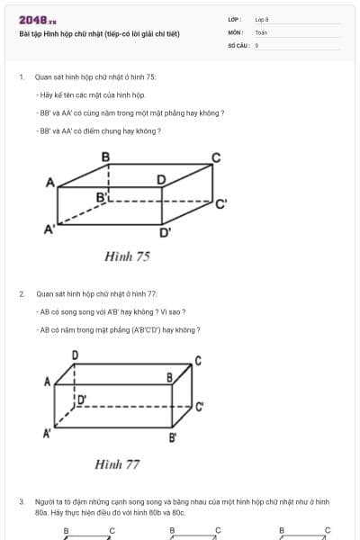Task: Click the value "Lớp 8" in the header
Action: (x=262, y=18)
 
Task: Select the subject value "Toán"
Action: (x=262, y=31)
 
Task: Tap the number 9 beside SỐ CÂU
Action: (x=256, y=44)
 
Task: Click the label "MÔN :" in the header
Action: (x=235, y=31)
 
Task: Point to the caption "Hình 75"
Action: (x=127, y=256)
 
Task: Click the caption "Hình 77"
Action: (x=117, y=464)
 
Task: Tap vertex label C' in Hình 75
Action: (x=220, y=204)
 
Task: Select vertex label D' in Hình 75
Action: (x=166, y=232)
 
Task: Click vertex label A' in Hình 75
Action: (x=50, y=229)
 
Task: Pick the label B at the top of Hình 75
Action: (x=106, y=157)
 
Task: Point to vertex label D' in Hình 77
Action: (x=81, y=398)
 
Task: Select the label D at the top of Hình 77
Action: (x=75, y=355)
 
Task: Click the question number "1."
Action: (x=21, y=77)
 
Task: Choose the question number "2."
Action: (x=21, y=293)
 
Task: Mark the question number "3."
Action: (x=21, y=500)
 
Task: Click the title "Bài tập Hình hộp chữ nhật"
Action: (x=99, y=34)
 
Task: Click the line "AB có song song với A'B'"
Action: (x=112, y=311)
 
